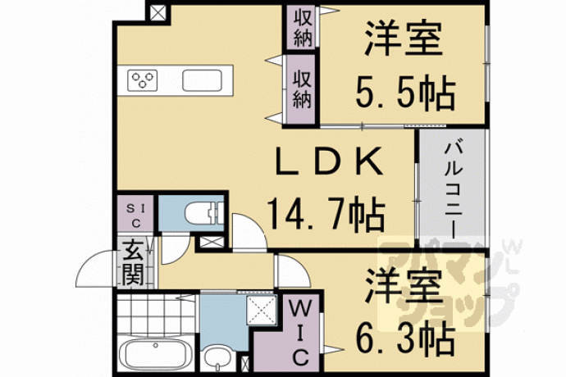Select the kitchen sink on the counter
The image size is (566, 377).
tap(202, 80)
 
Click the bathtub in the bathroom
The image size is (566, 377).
tap(156, 354)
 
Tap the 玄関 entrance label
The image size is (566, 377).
tap(133, 262)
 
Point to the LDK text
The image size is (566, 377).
tap(328, 161)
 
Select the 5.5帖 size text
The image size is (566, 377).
tap(405, 93)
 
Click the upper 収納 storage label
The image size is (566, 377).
tap(303, 28)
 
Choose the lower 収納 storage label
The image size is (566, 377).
tap(302, 89)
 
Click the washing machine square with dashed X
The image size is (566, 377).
tap(262, 310)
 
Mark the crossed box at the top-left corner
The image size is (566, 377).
tap(157, 13)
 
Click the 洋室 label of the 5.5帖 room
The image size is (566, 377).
tap(404, 39)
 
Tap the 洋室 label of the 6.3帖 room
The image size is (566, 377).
tap(404, 287)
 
